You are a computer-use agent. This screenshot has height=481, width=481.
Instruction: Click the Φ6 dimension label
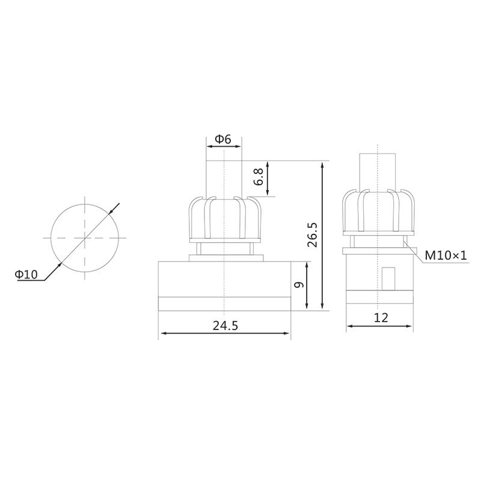(x=222, y=139)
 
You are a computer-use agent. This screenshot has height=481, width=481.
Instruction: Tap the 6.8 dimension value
(x=259, y=177)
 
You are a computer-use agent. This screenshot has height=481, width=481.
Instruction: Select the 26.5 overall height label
(x=313, y=235)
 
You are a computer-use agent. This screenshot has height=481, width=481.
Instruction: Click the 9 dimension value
(x=298, y=285)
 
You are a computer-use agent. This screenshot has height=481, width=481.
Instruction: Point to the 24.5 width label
(x=225, y=325)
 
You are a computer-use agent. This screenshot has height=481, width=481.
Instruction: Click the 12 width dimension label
(x=381, y=318)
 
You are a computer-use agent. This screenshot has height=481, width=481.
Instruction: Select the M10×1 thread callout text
(x=446, y=255)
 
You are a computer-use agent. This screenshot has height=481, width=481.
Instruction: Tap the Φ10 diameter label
(x=26, y=274)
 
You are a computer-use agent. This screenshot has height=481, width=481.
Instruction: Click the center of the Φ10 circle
(x=85, y=237)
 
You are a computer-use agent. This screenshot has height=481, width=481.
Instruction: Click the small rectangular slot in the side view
(x=388, y=278)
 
